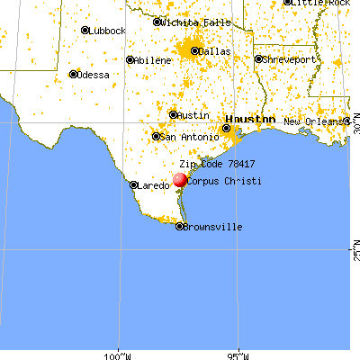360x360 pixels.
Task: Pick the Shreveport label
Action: pyautogui.click(x=288, y=59)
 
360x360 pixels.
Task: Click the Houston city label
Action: pyautogui.click(x=251, y=118)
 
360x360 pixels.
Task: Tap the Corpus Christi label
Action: pyautogui.click(x=220, y=181)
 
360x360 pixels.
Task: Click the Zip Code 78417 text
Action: pyautogui.click(x=217, y=165)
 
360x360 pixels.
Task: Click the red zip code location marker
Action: pyautogui.click(x=178, y=180)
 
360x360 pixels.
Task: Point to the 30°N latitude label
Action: pyautogui.click(x=355, y=130)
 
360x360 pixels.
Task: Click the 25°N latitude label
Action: pyautogui.click(x=355, y=254)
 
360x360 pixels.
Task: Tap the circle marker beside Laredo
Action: pyautogui.click(x=133, y=185)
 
